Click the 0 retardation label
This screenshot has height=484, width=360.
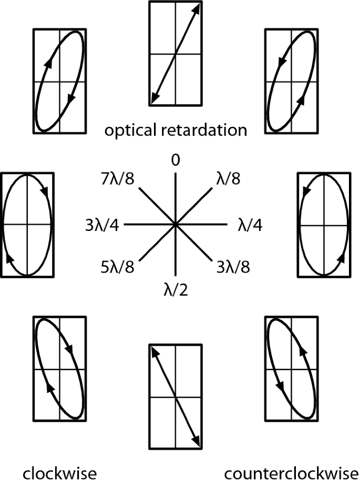pos(176,159)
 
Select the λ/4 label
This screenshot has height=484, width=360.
pos(250,225)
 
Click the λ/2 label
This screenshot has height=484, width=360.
pos(175,289)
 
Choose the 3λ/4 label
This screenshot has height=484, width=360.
pos(102,225)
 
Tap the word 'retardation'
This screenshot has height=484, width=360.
pos(207,130)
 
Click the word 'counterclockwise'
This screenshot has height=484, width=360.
pos(291,472)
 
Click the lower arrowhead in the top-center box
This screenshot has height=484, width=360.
pos(153,98)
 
